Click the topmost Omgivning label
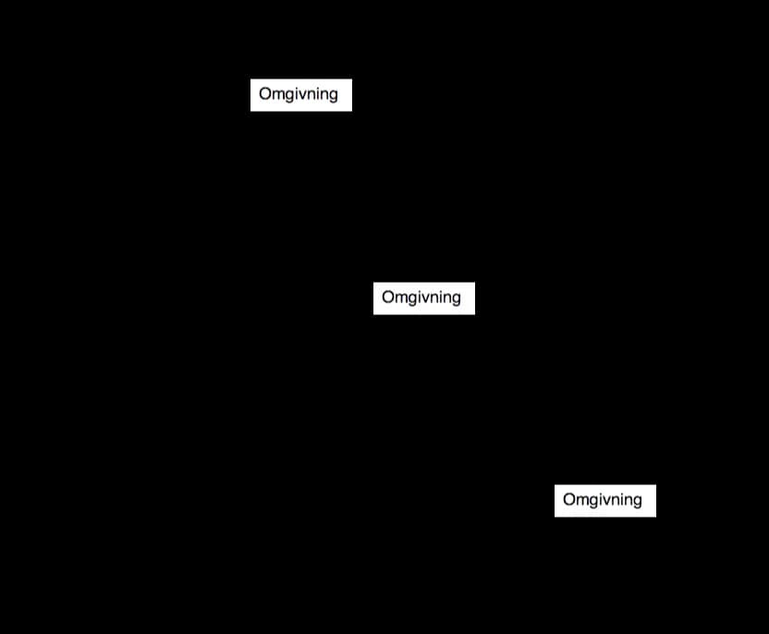(299, 94)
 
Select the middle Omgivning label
(421, 298)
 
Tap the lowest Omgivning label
(603, 500)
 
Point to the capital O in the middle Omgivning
(388, 297)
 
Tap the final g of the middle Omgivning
(456, 300)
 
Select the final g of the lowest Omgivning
(637, 503)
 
